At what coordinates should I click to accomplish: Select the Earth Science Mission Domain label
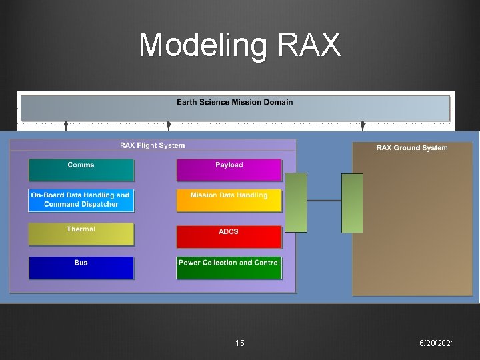(x=235, y=103)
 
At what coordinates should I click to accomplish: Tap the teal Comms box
(x=81, y=170)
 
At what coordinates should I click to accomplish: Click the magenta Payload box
(x=229, y=170)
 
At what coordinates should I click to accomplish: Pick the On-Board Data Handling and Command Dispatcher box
(x=81, y=201)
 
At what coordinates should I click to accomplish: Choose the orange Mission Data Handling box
(x=229, y=201)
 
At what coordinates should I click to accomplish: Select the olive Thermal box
(x=81, y=234)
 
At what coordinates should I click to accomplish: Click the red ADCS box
(x=229, y=236)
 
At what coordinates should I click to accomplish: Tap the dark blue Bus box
(x=81, y=267)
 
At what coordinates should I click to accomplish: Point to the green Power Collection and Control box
(x=229, y=267)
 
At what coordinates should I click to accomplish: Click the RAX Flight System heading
(x=153, y=145)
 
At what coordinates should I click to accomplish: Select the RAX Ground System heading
(x=412, y=148)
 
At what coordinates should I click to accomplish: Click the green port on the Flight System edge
(x=296, y=203)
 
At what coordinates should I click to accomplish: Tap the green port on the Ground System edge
(x=352, y=203)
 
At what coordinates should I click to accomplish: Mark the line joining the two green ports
(x=324, y=200)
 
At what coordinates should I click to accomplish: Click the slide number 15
(x=240, y=343)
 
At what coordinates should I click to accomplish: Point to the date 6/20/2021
(x=437, y=343)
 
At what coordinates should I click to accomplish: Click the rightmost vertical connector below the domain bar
(x=363, y=126)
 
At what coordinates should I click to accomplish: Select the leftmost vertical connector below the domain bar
(x=66, y=126)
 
